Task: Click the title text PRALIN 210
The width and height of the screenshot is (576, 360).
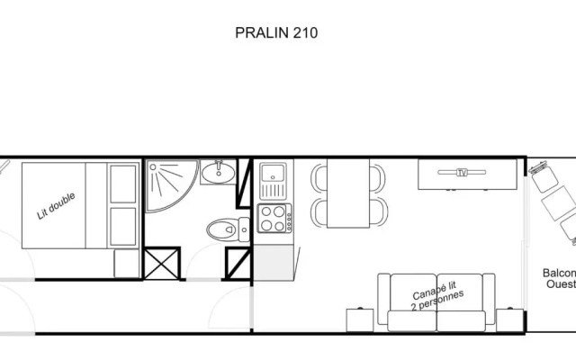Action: point(276,32)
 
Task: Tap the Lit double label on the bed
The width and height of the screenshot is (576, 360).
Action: point(56,206)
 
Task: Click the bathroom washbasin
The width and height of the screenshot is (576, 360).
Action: point(218,172)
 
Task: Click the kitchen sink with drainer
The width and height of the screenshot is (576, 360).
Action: point(273,182)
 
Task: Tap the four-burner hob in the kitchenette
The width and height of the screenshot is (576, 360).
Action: point(274,218)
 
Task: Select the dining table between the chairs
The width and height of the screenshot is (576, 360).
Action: point(348,193)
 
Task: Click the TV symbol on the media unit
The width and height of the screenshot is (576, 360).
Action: point(462,172)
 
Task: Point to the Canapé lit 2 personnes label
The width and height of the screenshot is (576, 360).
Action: point(436,296)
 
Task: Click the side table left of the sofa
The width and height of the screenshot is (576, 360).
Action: point(360,320)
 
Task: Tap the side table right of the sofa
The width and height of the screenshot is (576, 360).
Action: point(509,320)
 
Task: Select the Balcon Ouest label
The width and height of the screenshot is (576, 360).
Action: point(559,279)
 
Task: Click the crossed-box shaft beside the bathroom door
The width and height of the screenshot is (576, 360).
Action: point(162,264)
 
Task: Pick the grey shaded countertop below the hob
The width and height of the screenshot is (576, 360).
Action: point(274,263)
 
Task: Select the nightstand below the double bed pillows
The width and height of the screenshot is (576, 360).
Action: point(126,264)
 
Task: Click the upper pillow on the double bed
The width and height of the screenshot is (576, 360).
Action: point(123,184)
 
